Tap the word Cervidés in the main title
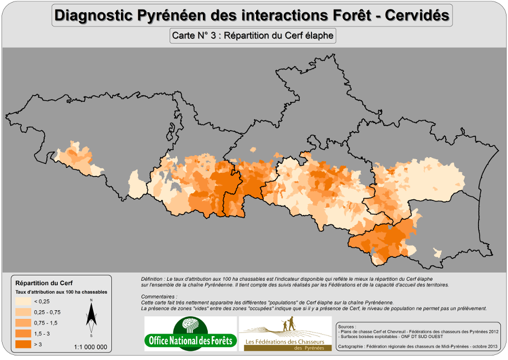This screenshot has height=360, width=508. pyautogui.click(x=417, y=15)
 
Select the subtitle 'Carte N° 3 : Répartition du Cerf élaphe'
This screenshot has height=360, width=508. pyautogui.click(x=252, y=36)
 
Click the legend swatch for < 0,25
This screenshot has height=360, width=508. pyautogui.click(x=23, y=302)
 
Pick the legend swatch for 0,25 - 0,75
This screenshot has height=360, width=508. pyautogui.click(x=23, y=312)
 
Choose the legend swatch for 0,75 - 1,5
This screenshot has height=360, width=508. pyautogui.click(x=23, y=323)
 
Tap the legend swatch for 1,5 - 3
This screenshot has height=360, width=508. pyautogui.click(x=23, y=334)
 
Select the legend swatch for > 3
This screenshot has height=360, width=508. pyautogui.click(x=23, y=344)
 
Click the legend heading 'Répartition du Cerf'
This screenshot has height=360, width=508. pyautogui.click(x=40, y=283)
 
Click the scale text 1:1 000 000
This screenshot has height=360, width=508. pyautogui.click(x=90, y=347)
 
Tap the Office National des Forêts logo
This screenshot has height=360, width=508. pyautogui.click(x=190, y=334)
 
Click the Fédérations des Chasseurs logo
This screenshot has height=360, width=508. pyautogui.click(x=286, y=334)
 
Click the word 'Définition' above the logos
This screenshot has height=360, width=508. pyautogui.click(x=153, y=279)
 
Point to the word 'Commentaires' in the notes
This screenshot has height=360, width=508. pyautogui.click(x=159, y=296)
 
